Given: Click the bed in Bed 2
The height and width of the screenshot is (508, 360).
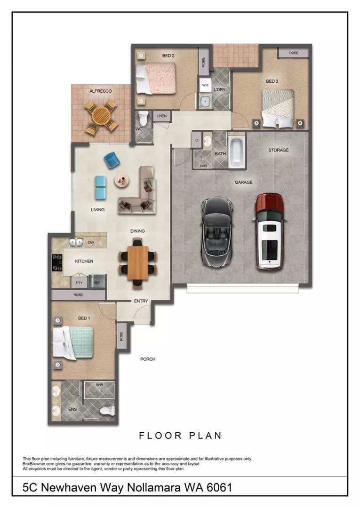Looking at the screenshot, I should (x=156, y=78).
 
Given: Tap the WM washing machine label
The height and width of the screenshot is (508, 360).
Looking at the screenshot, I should (x=205, y=85).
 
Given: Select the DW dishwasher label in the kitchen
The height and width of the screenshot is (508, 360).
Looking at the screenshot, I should (x=91, y=243).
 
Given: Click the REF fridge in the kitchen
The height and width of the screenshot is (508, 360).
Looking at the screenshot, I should (x=96, y=283).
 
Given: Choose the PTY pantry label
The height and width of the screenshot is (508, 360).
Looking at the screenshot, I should (x=79, y=283).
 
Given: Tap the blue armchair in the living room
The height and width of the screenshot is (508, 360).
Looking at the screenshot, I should (x=112, y=160).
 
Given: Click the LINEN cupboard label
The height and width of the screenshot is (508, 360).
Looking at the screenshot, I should (x=161, y=115).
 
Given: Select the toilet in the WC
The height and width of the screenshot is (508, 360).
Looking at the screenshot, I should (x=144, y=118).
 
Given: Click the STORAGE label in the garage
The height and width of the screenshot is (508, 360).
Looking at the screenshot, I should (x=278, y=150).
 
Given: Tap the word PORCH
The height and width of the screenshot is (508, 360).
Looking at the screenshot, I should (x=148, y=359).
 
